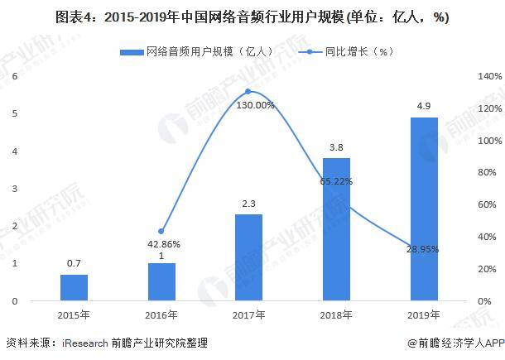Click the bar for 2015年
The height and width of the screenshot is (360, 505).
click(74, 287)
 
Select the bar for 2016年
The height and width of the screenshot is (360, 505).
click(161, 281)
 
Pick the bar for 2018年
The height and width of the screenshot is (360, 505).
click(336, 228)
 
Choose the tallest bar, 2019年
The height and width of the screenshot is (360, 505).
click(424, 209)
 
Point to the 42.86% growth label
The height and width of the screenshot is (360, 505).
click(163, 244)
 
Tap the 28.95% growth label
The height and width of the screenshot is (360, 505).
click(422, 249)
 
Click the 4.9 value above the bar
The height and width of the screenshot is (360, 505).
click(424, 107)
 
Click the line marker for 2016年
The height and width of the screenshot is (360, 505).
click(161, 231)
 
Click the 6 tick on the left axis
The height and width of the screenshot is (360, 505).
click(15, 76)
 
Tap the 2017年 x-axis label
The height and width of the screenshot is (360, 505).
click(248, 314)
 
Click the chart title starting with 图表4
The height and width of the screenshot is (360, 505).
click(252, 18)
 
